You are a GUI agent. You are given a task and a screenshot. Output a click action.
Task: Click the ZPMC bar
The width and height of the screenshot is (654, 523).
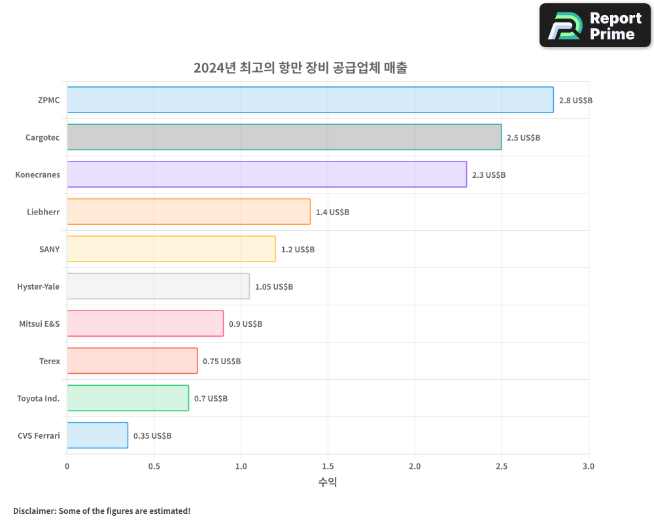pyautogui.click(x=310, y=100)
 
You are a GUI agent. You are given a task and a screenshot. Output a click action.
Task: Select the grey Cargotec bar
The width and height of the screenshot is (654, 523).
pyautogui.click(x=284, y=137)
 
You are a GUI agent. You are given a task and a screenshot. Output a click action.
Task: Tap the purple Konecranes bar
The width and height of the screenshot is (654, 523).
pyautogui.click(x=267, y=175)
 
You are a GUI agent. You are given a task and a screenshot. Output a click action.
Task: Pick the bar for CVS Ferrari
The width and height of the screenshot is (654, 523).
pyautogui.click(x=97, y=435)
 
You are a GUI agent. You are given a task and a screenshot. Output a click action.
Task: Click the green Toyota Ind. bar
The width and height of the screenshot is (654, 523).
pyautogui.click(x=128, y=398)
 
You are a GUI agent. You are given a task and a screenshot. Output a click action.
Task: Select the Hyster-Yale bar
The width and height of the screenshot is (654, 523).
pyautogui.click(x=158, y=286)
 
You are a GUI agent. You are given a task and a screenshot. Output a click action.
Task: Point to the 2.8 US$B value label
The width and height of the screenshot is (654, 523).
pyautogui.click(x=576, y=101)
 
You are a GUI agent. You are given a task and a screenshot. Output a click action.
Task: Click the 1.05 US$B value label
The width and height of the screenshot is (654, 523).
pyautogui.click(x=274, y=287)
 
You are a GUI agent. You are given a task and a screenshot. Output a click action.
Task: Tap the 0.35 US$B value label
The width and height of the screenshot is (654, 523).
pyautogui.click(x=152, y=436)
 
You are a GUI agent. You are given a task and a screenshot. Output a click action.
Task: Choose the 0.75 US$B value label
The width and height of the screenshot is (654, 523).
pyautogui.click(x=222, y=362)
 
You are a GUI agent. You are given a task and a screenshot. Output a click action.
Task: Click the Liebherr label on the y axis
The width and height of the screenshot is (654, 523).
pyautogui.click(x=43, y=212)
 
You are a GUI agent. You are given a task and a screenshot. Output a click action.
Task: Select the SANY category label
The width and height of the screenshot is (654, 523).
pyautogui.click(x=49, y=249)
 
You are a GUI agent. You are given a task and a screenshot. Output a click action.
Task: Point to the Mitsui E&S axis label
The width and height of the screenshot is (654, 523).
pyautogui.click(x=39, y=324)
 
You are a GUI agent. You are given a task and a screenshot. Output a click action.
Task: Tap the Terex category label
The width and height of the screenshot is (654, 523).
pyautogui.click(x=49, y=361)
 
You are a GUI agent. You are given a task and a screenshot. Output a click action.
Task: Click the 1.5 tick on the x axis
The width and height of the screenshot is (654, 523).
pyautogui.click(x=328, y=467)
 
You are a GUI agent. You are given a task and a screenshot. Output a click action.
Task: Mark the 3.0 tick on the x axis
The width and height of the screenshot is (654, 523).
pyautogui.click(x=589, y=467)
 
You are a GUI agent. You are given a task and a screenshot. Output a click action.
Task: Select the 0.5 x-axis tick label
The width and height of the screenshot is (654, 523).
pyautogui.click(x=154, y=467)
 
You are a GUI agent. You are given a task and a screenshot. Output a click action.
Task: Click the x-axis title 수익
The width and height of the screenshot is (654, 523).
pyautogui.click(x=328, y=482)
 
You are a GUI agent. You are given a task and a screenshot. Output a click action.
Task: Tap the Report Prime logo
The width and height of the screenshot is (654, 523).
pyautogui.click(x=594, y=25)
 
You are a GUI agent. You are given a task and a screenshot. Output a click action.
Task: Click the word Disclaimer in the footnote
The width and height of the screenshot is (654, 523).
pyautogui.click(x=33, y=511)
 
